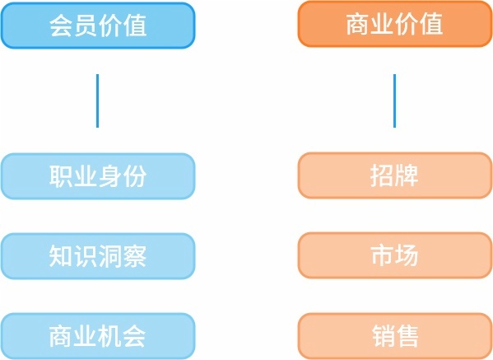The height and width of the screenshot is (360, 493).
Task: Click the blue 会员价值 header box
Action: click(x=98, y=26)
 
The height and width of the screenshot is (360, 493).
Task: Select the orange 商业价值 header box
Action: click(x=395, y=24)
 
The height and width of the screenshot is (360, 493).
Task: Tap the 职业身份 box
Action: click(x=98, y=176)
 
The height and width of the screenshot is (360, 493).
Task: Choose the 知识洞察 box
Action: click(x=98, y=256)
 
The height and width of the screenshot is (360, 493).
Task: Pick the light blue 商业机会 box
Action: click(x=98, y=336)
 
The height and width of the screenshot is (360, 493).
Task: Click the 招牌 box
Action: click(x=395, y=175)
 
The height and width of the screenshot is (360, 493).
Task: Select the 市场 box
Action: click(x=395, y=255)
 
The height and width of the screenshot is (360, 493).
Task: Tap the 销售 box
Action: click(x=395, y=336)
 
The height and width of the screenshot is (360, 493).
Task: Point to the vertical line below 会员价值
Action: click(x=97, y=101)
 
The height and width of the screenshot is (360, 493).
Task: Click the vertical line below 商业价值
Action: click(x=394, y=101)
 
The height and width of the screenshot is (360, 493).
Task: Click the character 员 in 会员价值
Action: click(x=86, y=26)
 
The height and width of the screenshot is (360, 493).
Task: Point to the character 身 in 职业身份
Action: click(x=110, y=176)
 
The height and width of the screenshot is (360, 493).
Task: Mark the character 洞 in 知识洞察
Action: click(x=110, y=256)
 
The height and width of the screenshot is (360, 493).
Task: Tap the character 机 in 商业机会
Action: click(x=110, y=336)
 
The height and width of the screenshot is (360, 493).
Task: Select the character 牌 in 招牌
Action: click(x=407, y=175)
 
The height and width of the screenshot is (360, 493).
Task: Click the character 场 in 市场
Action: click(x=407, y=255)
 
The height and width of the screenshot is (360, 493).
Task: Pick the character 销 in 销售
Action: click(x=383, y=336)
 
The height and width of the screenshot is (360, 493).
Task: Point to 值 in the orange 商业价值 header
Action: click(x=431, y=24)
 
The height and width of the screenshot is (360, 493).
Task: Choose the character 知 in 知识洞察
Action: click(x=61, y=256)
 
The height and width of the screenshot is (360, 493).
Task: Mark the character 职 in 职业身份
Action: click(x=61, y=176)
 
